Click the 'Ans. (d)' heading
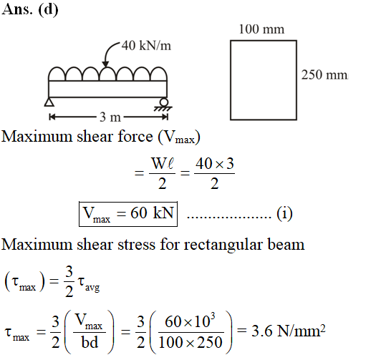click(x=30, y=10)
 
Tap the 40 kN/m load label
click(x=146, y=45)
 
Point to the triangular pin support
click(x=49, y=102)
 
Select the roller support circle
click(x=164, y=102)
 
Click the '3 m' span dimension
click(x=110, y=117)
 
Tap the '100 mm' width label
click(x=261, y=29)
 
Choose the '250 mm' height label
click(x=325, y=74)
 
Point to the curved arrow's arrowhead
click(x=105, y=64)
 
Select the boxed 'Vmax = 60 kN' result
click(x=128, y=214)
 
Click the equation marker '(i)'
click(x=284, y=213)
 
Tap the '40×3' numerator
click(x=215, y=163)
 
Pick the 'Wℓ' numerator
click(x=162, y=163)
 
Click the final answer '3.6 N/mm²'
click(x=288, y=331)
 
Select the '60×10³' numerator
click(x=190, y=321)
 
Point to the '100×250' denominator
click(x=190, y=342)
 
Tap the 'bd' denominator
click(x=90, y=342)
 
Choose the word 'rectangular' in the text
click(x=223, y=244)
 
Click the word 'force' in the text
click(x=135, y=136)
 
